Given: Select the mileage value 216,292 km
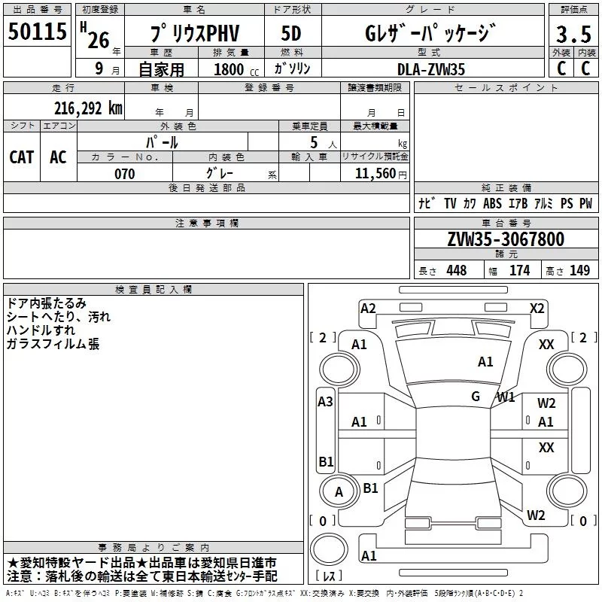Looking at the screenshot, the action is tap(88, 108).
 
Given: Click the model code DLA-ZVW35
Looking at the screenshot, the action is tap(430, 69).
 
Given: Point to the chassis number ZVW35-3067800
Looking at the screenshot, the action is tap(505, 239).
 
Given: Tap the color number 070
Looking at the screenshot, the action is tap(125, 174).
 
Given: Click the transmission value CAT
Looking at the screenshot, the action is tap(22, 157).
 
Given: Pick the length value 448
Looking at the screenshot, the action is tap(456, 271).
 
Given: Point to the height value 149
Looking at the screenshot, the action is tap(579, 271).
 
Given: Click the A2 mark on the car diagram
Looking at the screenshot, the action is tap(368, 308).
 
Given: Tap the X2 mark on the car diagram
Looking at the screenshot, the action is tap(537, 308).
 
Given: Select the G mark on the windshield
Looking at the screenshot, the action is tap(476, 397).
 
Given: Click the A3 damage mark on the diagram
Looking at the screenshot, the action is tap(325, 402).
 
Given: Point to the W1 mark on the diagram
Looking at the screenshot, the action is tap(506, 397).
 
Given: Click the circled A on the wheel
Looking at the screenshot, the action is tap(339, 492).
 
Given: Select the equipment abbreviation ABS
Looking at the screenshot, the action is tap(492, 203).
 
